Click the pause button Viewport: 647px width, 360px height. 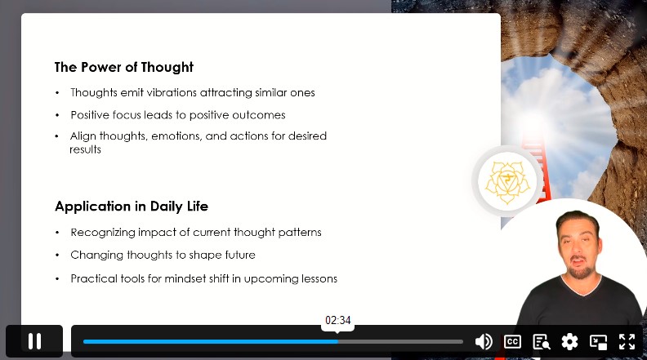(34, 341)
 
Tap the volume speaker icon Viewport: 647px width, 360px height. (483, 341)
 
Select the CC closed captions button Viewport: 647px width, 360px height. (512, 341)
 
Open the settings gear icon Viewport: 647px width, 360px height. (569, 341)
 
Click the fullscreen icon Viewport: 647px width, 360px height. (627, 341)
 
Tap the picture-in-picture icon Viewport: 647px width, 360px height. (598, 341)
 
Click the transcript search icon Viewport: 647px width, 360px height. (541, 341)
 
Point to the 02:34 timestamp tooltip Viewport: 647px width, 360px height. (338, 321)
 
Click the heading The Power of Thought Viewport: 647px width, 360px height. (124, 67)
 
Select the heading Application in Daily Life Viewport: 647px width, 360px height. (132, 207)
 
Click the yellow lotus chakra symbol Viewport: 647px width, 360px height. (507, 182)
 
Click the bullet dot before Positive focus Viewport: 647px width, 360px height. (57, 115)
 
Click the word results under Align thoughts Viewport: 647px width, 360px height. (85, 149)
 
